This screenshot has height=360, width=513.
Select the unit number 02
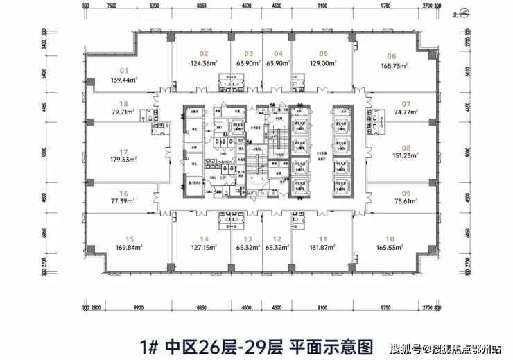click(x=203, y=53)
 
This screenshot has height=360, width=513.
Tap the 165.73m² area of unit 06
click(x=392, y=65)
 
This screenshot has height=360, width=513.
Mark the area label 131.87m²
click(x=323, y=246)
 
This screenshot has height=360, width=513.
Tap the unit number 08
click(x=406, y=147)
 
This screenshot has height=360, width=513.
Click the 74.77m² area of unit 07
click(x=407, y=112)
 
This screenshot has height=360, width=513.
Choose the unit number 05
click(x=323, y=53)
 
